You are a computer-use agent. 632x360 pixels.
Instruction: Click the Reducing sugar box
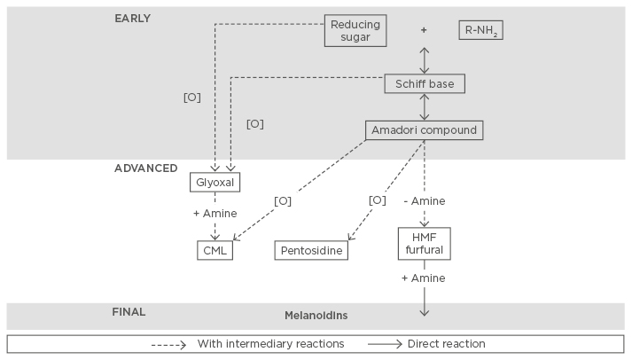(x=355, y=30)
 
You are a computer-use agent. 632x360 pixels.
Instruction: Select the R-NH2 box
(x=482, y=30)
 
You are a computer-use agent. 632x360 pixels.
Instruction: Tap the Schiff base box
(x=425, y=83)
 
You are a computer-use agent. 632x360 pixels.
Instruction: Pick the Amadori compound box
(x=425, y=129)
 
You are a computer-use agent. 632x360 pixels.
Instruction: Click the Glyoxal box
(x=215, y=183)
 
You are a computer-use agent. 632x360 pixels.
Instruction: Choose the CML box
(x=215, y=250)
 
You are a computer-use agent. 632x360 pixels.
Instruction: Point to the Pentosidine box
(x=310, y=251)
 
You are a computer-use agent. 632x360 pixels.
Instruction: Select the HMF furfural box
(x=425, y=243)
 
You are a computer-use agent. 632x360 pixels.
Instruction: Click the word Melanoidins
(x=316, y=315)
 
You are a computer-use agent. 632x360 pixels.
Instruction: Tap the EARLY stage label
(x=133, y=18)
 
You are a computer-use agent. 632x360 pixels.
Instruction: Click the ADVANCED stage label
(x=145, y=168)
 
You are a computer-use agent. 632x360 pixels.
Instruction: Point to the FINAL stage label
(x=129, y=311)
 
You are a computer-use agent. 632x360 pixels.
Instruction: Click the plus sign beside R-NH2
(x=424, y=30)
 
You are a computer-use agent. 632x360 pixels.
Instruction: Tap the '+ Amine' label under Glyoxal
(x=215, y=214)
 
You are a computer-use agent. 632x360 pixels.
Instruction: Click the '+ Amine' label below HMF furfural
(x=424, y=278)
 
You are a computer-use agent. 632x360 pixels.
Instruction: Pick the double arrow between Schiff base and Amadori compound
(x=425, y=106)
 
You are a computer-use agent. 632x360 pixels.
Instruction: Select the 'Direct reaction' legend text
(x=446, y=343)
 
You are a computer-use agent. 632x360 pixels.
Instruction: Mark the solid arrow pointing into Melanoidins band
(x=425, y=301)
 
